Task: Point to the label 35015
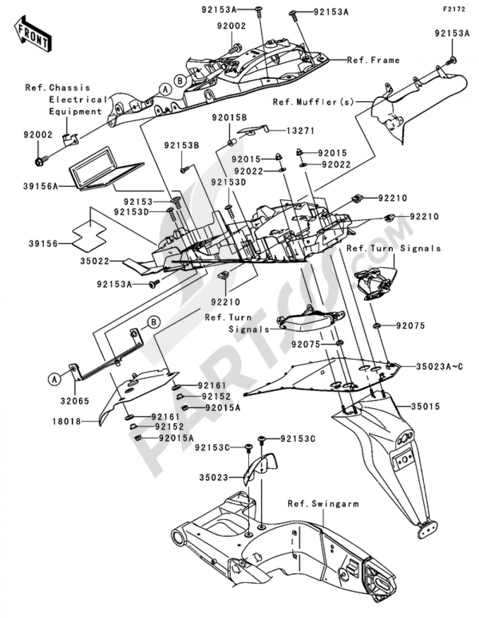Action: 425,406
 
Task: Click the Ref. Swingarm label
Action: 323,504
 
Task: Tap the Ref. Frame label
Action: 373,60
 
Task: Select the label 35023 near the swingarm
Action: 213,477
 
